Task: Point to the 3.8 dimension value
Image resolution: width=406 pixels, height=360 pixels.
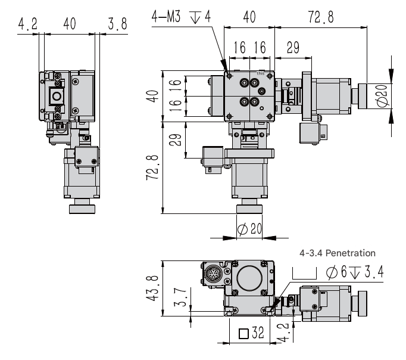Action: (117, 24)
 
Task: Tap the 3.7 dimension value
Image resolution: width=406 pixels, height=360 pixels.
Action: (180, 297)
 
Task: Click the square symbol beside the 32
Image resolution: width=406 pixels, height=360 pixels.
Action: (243, 334)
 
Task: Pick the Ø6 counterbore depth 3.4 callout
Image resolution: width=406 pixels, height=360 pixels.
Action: (354, 272)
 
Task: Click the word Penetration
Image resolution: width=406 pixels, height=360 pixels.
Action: (350, 253)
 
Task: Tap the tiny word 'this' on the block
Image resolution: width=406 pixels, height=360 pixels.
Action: (261, 73)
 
